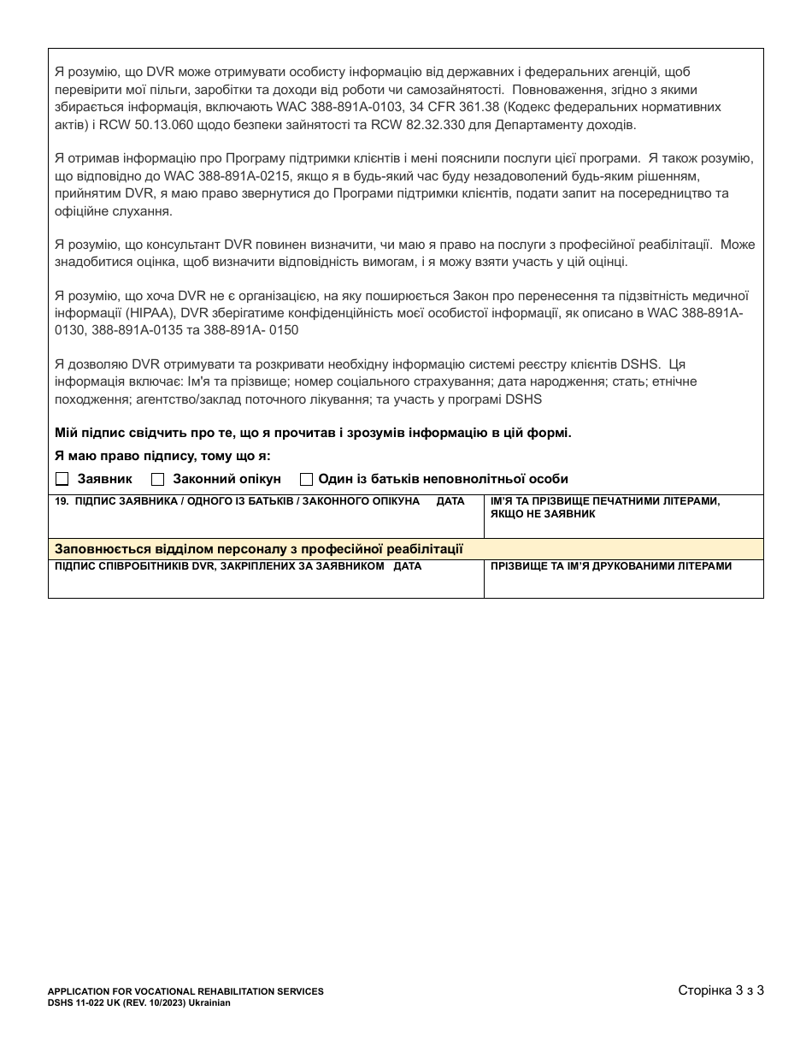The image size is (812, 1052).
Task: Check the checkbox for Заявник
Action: coord(62,479)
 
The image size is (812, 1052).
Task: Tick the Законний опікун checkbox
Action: coord(157,479)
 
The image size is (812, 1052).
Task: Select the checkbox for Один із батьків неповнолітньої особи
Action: coord(306,479)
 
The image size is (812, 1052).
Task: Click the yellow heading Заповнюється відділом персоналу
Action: coord(258,548)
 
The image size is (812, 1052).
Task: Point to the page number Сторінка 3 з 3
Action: coord(720,991)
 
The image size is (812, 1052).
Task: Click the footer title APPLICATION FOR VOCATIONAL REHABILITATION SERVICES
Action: coord(185,991)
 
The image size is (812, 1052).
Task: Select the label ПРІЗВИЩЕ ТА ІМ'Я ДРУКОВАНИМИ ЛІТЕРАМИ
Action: coord(611,566)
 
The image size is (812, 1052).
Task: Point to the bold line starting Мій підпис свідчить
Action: coord(313,433)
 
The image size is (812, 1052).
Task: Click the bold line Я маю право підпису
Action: coord(162,456)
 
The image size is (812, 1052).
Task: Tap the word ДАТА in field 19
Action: coord(450,501)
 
